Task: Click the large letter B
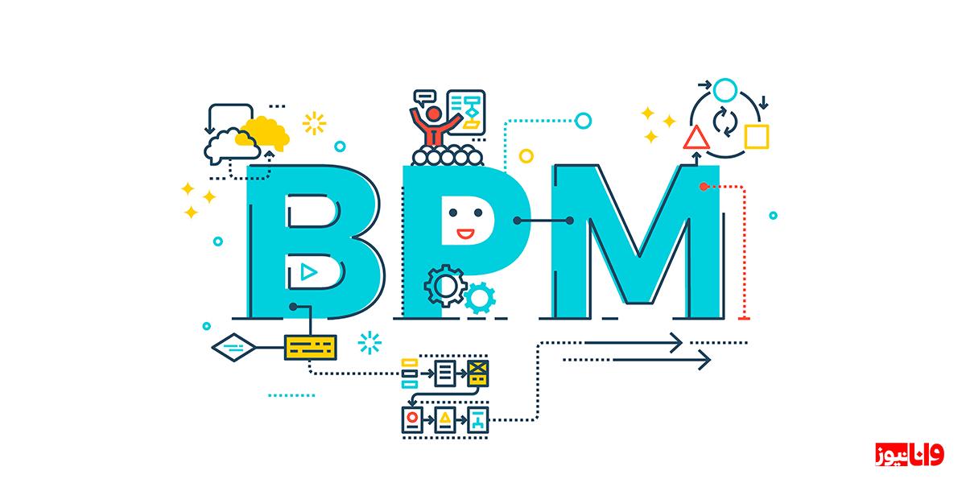point(267,242)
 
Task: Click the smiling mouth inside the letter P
point(465,233)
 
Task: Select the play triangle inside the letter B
point(309,272)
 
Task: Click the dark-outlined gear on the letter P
point(445,286)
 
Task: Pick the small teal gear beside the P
point(480,298)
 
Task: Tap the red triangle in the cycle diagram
point(696,138)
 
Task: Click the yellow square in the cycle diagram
point(757,137)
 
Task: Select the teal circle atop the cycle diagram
point(725,90)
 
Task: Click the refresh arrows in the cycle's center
point(725,122)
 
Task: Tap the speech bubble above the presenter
point(424,97)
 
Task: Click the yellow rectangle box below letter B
point(311,347)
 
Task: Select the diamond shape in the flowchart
point(233,347)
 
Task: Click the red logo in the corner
point(910,455)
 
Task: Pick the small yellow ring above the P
point(526,155)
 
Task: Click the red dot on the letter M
point(704,186)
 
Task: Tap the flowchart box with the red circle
point(412,419)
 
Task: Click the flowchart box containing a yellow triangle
point(445,419)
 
